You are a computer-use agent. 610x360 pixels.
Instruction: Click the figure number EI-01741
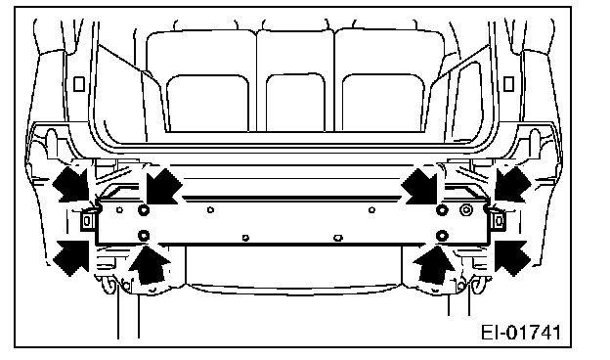(x=521, y=333)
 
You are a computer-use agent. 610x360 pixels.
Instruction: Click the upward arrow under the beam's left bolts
(x=150, y=265)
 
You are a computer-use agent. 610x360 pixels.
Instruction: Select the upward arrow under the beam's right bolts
(x=433, y=265)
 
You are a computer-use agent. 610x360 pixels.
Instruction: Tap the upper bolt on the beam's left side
(x=144, y=210)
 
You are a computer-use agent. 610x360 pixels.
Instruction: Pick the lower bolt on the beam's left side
(x=144, y=236)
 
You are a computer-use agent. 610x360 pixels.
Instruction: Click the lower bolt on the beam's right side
(x=442, y=236)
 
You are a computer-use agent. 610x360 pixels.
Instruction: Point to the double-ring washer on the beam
(x=466, y=210)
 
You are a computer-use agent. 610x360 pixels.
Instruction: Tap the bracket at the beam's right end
(x=497, y=221)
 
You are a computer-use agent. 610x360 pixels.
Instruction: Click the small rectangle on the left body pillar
(x=79, y=84)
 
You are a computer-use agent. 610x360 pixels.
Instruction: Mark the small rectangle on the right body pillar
(x=508, y=84)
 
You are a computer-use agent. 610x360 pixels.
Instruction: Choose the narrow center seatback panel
(x=295, y=103)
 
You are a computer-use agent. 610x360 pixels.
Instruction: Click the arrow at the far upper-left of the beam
(x=72, y=184)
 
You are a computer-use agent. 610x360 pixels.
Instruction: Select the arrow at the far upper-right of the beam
(x=513, y=184)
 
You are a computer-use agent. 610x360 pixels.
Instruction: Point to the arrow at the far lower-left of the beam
(x=70, y=257)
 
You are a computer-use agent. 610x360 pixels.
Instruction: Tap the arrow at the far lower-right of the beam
(x=513, y=257)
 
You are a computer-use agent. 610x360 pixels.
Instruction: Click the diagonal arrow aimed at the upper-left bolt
(x=163, y=186)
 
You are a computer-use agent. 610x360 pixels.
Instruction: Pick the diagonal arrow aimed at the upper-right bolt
(x=420, y=186)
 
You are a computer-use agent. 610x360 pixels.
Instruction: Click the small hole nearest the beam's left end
(x=119, y=210)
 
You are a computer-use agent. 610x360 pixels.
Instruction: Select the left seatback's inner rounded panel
(x=207, y=103)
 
